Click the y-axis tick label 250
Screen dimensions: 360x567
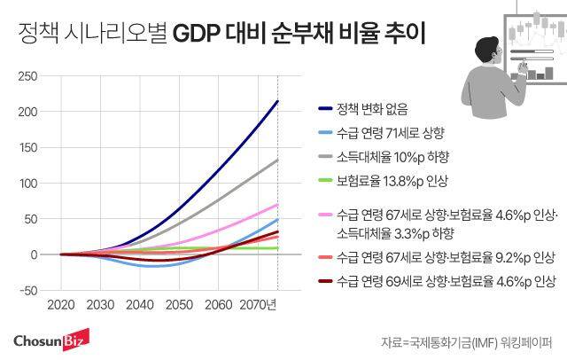[x=27, y=76]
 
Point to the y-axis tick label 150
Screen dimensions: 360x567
[x=27, y=147]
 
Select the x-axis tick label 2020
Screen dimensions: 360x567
[x=60, y=305]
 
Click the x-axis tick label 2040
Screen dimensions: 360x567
[x=139, y=305]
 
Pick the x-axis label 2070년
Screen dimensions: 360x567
[x=258, y=305]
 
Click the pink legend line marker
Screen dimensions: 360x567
[x=324, y=215]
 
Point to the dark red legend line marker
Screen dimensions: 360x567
[x=324, y=282]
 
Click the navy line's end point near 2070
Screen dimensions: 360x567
[x=278, y=101]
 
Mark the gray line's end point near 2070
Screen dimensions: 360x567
[x=278, y=160]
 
